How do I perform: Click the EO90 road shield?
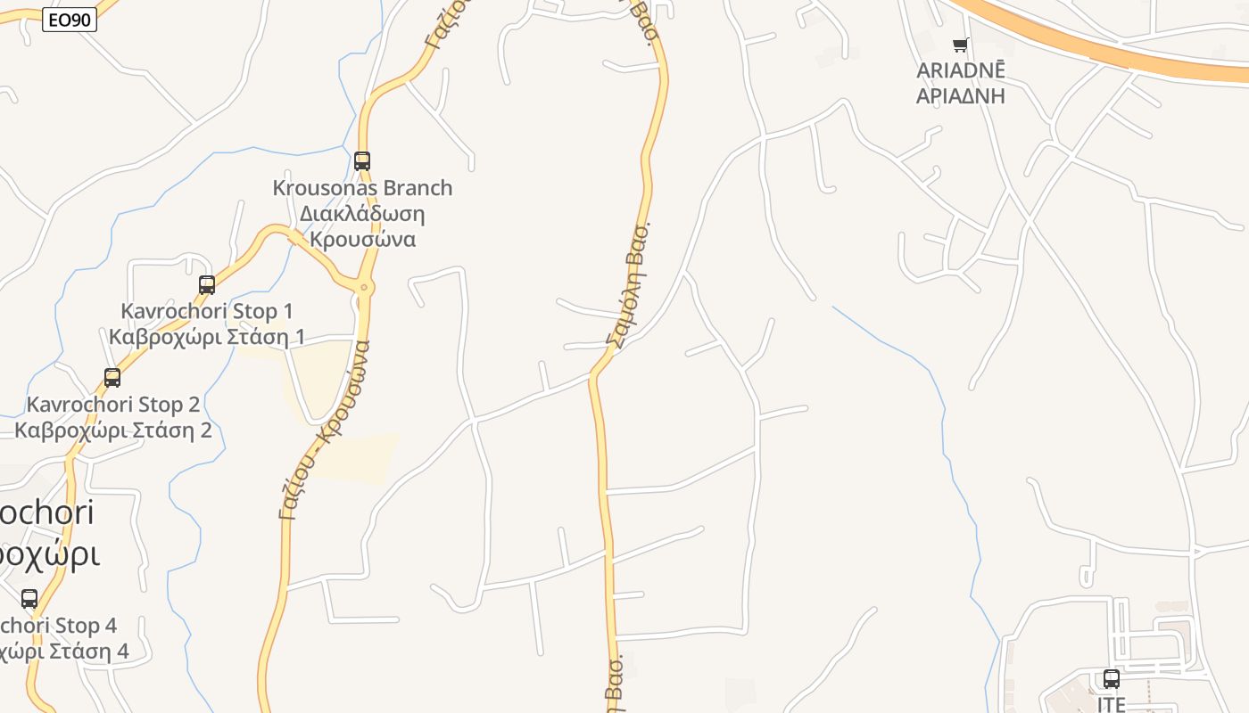(x=69, y=20)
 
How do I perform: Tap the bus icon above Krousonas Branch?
(x=362, y=161)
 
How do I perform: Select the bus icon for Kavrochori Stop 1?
(x=207, y=285)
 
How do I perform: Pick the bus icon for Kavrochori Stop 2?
(x=112, y=378)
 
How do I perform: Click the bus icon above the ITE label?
(x=1112, y=679)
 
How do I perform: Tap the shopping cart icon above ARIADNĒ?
(x=961, y=45)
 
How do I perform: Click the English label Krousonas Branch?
(x=362, y=188)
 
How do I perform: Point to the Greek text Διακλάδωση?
(x=362, y=214)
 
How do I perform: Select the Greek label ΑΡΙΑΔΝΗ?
(x=961, y=95)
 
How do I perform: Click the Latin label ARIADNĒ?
(x=961, y=70)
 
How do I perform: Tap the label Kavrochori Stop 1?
(x=207, y=311)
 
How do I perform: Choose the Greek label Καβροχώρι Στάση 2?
(x=113, y=430)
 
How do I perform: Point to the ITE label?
(x=1112, y=704)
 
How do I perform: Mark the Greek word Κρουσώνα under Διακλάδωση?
(x=362, y=240)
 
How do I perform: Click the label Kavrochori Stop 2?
(x=113, y=405)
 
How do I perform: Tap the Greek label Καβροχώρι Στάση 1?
(x=207, y=337)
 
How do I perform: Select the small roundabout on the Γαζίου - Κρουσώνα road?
(x=364, y=287)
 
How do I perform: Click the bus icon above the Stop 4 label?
(x=29, y=599)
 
